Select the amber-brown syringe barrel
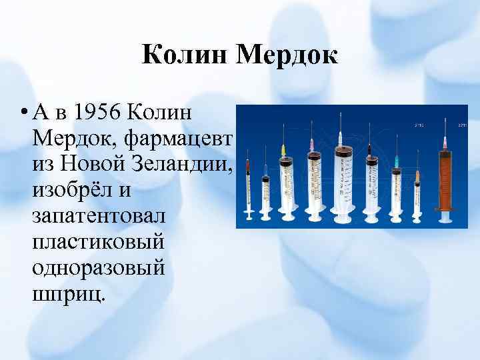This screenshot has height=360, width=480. pyautogui.click(x=444, y=180)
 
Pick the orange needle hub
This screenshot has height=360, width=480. pyautogui.click(x=417, y=175)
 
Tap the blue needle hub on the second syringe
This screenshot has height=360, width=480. pyautogui.click(x=265, y=169)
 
